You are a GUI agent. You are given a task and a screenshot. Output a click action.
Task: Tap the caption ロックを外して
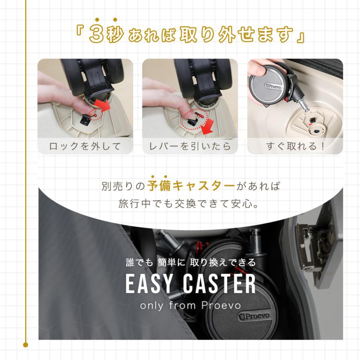coord(85,146)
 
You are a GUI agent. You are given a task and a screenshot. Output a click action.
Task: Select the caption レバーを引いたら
coord(190,146)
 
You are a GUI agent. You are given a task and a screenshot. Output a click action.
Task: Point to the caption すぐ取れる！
coord(295,146)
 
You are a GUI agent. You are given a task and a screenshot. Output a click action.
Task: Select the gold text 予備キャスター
coord(191,186)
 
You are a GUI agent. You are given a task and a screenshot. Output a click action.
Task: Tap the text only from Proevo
coord(190,306)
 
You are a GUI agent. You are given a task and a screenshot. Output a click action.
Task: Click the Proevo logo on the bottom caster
coord(254,316)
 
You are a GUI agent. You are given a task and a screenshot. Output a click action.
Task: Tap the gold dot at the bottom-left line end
coord(26,344)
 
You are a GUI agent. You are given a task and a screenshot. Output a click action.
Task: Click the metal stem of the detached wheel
coord(303,104)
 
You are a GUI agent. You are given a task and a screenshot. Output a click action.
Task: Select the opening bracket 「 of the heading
coord(80,34)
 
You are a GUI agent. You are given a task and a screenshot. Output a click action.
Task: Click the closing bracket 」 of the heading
coord(299,37)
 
